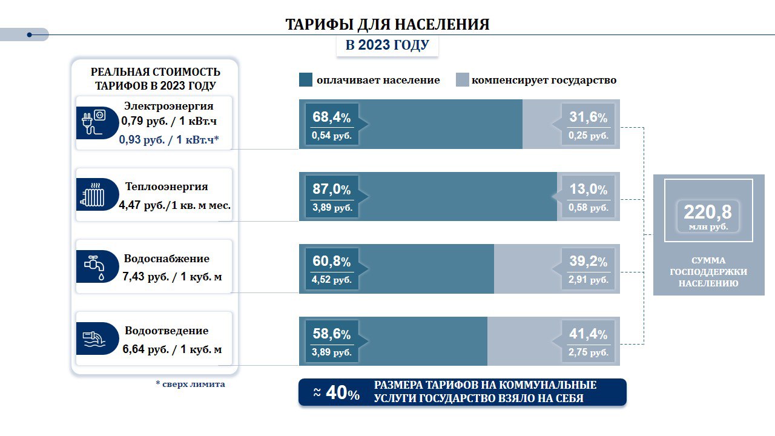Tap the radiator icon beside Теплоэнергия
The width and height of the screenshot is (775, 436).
(93, 194)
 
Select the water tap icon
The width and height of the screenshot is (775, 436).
(94, 266)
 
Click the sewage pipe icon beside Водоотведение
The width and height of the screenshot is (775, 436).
(93, 339)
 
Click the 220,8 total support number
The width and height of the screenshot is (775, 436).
(708, 212)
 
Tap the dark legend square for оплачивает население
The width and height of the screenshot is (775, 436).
(306, 80)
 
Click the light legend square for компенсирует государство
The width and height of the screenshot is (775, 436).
(462, 80)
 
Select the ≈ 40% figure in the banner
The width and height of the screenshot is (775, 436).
(337, 393)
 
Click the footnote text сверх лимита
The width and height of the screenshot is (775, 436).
(190, 384)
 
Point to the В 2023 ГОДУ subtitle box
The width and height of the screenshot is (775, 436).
(387, 45)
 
